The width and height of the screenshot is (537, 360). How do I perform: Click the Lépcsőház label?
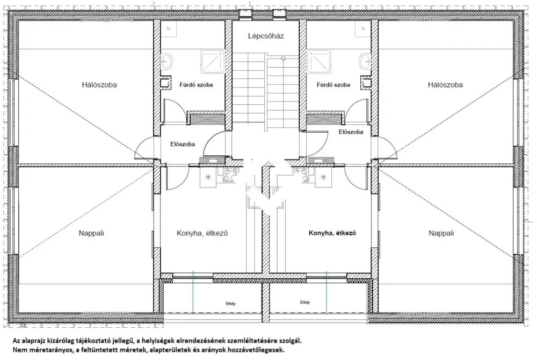[x=266, y=36]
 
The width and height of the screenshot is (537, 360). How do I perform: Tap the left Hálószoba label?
[x=99, y=84]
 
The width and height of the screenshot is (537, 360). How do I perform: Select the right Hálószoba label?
[x=445, y=84]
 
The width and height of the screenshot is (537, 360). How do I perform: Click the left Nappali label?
[x=91, y=233]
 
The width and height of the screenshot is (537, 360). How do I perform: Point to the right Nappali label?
[x=441, y=233]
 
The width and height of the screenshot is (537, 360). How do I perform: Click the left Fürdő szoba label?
[x=196, y=85]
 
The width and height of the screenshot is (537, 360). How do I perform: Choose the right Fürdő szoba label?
[x=333, y=85]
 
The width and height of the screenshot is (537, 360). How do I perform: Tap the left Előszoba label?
[x=183, y=144]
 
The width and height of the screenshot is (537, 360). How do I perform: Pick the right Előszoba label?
[x=351, y=132]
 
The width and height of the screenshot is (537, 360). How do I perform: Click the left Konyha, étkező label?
[x=202, y=233]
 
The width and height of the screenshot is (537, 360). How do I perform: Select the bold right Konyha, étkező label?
[x=332, y=233]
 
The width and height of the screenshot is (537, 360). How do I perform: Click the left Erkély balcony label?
[x=230, y=304]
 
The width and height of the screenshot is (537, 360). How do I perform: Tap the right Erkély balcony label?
[x=305, y=302]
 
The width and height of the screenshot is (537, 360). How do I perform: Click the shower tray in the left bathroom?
[x=213, y=62]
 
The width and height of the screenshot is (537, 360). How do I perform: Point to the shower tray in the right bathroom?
[x=319, y=62]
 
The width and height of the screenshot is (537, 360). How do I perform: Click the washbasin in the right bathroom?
[x=365, y=62]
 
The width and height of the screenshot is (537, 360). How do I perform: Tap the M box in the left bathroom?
[x=169, y=29]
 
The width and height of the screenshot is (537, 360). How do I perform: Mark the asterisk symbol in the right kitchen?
[x=323, y=177]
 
